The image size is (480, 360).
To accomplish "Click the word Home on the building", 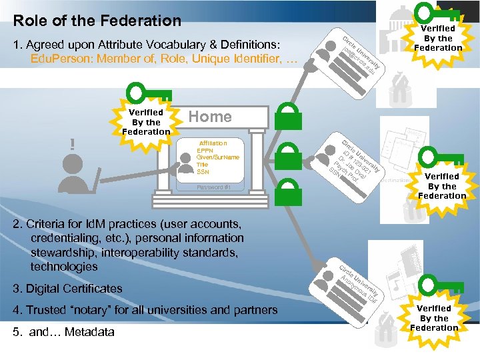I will pyautogui.click(x=210, y=117).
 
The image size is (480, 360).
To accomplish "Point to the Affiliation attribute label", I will pyautogui.click(x=213, y=143).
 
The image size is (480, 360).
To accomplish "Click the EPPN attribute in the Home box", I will pyautogui.click(x=204, y=151).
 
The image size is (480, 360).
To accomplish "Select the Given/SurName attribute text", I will pyautogui.click(x=218, y=157).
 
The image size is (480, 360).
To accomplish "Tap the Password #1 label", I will pyautogui.click(x=213, y=187).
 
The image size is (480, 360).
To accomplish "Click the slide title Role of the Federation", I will pyautogui.click(x=97, y=21).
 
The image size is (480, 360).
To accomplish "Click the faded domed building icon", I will pyautogui.click(x=393, y=20).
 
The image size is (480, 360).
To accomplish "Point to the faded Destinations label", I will pyautogui.click(x=397, y=181).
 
